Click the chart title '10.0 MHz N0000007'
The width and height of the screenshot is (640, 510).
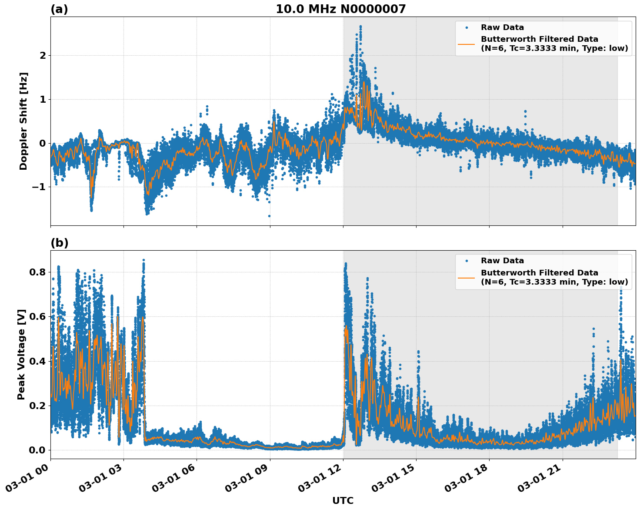[341, 9]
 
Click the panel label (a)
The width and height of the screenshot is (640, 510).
[59, 9]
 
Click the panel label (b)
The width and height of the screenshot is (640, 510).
[59, 243]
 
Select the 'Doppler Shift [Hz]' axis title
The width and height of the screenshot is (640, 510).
[23, 121]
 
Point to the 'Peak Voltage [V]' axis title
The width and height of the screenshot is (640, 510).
[21, 354]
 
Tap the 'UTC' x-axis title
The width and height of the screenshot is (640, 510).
[343, 500]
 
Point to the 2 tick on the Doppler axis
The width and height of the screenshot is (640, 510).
[43, 55]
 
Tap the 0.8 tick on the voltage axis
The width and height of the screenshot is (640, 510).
[38, 272]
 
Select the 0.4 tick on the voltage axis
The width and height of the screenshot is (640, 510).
[38, 361]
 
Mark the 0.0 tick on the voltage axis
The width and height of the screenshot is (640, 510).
[38, 450]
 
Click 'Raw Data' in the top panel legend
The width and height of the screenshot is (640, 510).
[502, 27]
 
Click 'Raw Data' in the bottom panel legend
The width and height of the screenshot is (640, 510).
[502, 261]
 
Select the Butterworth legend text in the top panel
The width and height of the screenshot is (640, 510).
[554, 44]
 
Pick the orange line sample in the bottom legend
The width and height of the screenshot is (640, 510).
[467, 277]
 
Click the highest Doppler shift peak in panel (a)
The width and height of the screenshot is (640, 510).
[360, 26]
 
